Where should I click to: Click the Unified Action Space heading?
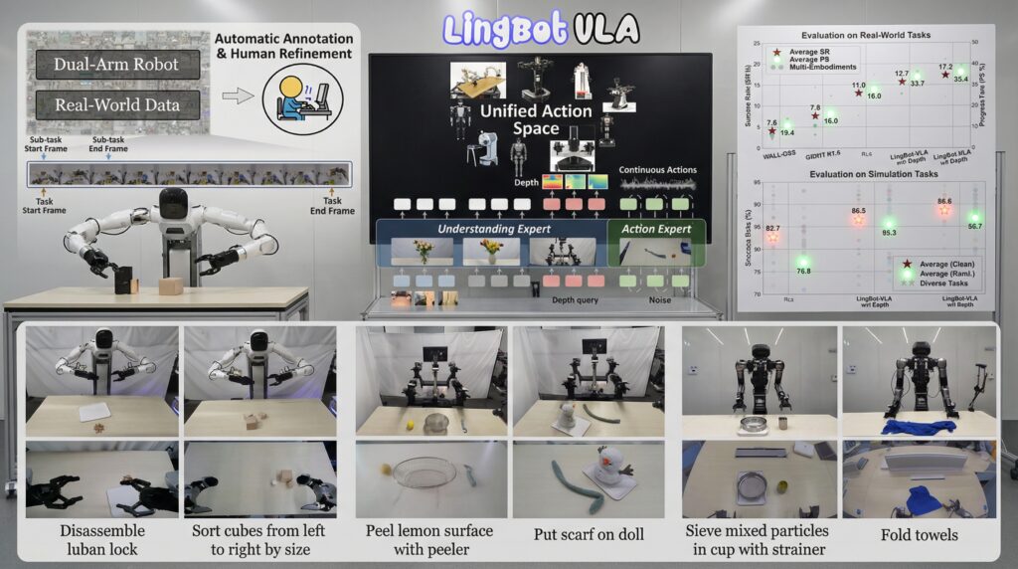click(536, 120)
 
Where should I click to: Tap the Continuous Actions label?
click(657, 170)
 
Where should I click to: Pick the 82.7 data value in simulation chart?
click(771, 229)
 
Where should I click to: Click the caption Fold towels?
click(919, 535)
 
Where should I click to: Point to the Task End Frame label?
click(330, 205)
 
